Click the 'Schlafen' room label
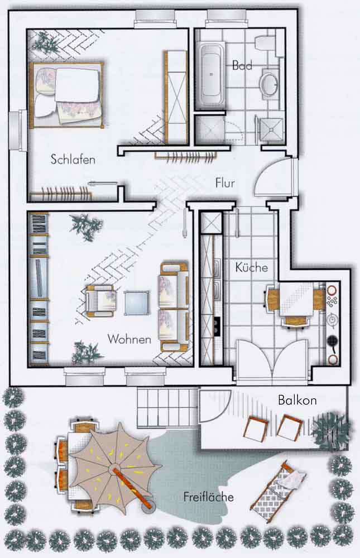[73, 159]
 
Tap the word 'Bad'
[242, 65]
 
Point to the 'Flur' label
[225, 183]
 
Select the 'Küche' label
[251, 267]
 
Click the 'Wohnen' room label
[129, 339]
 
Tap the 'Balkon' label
[297, 400]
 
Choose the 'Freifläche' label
[209, 497]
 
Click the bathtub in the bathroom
[210, 75]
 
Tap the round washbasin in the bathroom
[270, 83]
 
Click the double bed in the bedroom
[67, 95]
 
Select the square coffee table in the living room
[136, 303]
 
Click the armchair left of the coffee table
[101, 301]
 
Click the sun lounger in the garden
[279, 492]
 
